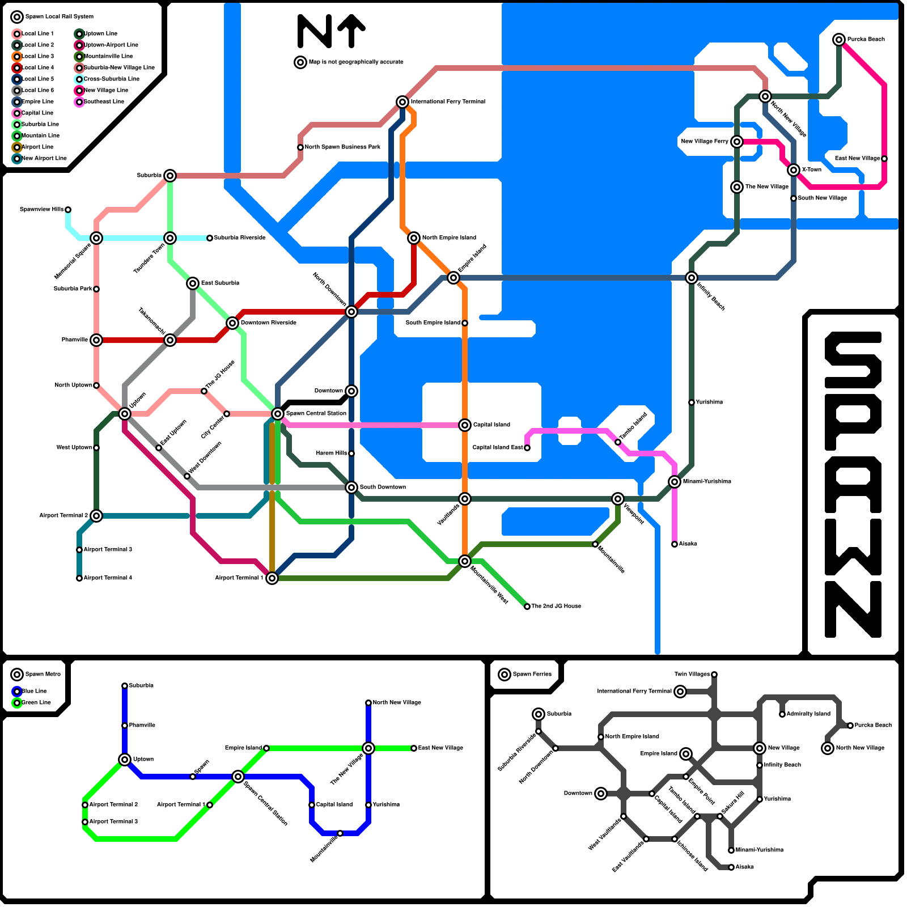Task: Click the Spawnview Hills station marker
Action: pos(68,210)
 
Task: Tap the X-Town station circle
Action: pos(794,170)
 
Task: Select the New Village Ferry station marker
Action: pos(737,142)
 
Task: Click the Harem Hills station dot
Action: pos(351,453)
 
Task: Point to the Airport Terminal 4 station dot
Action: pos(79,578)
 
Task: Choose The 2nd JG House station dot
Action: pos(527,607)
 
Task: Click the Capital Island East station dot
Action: pos(527,448)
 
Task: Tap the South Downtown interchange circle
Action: pos(351,488)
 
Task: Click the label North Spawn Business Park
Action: pos(342,147)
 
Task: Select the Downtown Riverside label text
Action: pos(268,323)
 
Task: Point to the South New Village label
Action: pos(822,198)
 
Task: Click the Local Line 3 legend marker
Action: pos(17,57)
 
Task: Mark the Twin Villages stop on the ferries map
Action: pos(714,675)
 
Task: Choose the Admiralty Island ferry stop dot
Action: pos(782,714)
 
